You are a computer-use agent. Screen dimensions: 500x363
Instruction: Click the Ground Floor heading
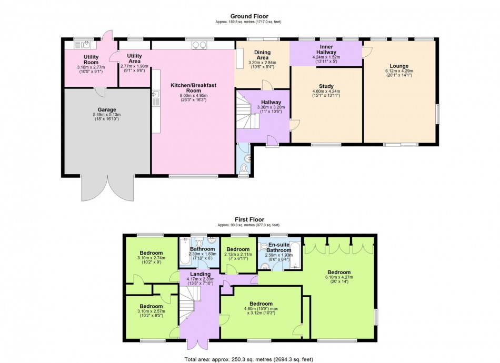(x=249, y=16)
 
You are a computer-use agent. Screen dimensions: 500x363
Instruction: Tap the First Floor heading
(x=249, y=219)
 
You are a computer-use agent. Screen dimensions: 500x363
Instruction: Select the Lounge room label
(x=399, y=66)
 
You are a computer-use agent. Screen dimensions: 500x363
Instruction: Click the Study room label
(x=326, y=86)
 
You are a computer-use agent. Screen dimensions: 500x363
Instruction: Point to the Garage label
(x=107, y=109)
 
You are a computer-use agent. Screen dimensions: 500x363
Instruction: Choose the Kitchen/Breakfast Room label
(x=194, y=88)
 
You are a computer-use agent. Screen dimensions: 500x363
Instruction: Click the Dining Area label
(x=263, y=55)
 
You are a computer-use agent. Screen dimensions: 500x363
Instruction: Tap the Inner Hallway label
(x=326, y=49)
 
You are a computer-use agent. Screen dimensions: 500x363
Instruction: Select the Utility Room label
(x=91, y=59)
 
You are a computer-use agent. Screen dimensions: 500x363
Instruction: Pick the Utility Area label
(x=135, y=58)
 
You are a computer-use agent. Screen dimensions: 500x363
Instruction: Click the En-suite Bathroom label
(x=279, y=248)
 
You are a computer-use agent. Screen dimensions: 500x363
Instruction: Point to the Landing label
(x=200, y=274)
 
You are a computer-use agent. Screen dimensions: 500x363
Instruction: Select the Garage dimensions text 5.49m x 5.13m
(x=107, y=115)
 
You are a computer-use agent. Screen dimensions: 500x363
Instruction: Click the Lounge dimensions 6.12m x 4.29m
(x=399, y=71)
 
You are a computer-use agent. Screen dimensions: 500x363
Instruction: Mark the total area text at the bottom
(x=249, y=359)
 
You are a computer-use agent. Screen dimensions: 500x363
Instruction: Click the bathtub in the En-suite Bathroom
(x=296, y=256)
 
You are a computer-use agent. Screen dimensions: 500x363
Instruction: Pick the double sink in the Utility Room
(x=84, y=45)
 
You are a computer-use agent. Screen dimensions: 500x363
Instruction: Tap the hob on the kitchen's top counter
(x=199, y=45)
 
